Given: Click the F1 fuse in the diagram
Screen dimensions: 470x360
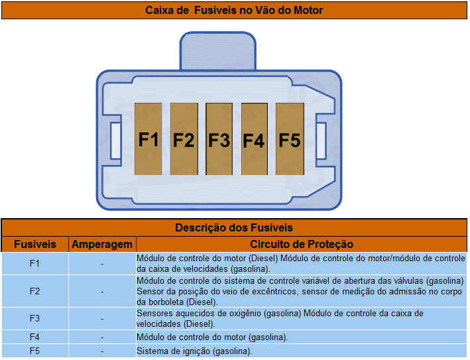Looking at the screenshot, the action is pos(148,139).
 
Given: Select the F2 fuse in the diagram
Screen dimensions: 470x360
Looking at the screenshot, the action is pos(184,139).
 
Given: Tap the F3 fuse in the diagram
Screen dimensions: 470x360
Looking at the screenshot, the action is pos(219,139).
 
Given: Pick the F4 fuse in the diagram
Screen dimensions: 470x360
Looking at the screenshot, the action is pos(255,139).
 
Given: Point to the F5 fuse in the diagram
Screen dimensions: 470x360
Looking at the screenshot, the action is pos(290,139).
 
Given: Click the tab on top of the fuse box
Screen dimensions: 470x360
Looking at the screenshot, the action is pos(218,51).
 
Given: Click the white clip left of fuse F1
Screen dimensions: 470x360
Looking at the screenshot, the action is pos(116,141).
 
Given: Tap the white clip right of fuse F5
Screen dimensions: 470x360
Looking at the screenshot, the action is pos(321,141).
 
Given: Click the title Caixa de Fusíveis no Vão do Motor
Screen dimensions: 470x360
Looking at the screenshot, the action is pos(234,11).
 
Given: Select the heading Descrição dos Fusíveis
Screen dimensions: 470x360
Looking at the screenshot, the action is pos(234,227).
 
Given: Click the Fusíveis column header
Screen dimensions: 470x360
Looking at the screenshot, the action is pos(35,244).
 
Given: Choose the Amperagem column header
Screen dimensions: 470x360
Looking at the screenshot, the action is pos(102,244).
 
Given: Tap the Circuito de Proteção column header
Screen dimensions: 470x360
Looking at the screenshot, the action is pos(302,244).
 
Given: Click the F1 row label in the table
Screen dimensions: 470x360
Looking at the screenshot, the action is pos(34,263).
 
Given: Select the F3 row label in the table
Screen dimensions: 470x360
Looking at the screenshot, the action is pos(34,318).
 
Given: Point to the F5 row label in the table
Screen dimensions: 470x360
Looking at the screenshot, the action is pos(34,351).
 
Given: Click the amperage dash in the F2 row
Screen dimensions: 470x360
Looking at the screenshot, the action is pos(102,292).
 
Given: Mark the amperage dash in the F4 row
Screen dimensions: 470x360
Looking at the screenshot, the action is pos(102,337).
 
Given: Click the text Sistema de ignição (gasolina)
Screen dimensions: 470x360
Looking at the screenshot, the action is pos(194,351).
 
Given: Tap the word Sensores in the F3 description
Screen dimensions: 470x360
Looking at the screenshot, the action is pos(154,314).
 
